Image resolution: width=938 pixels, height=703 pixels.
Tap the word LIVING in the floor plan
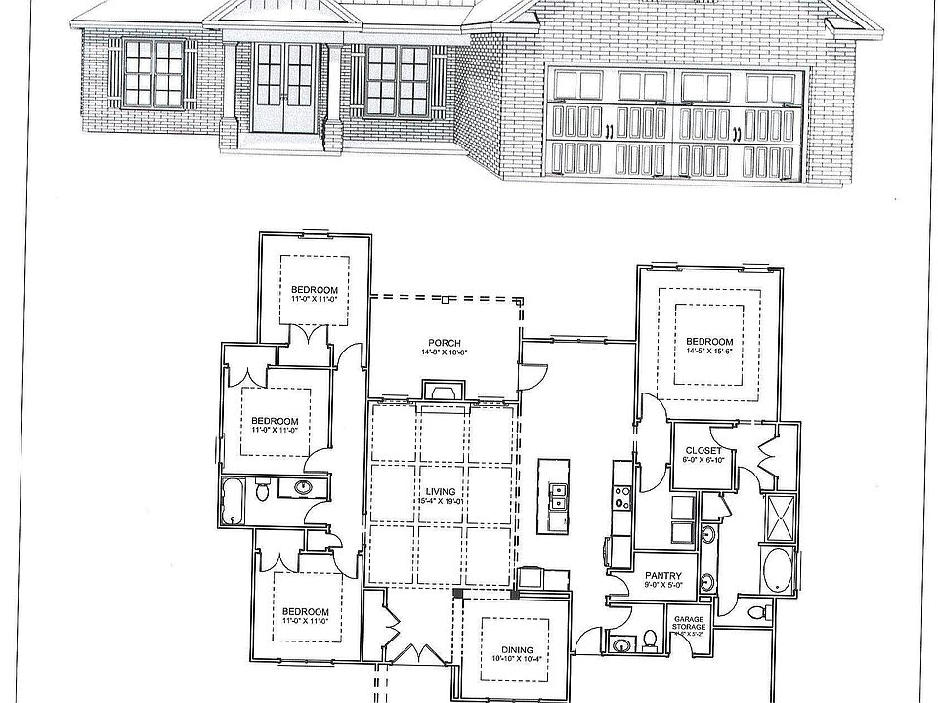pyautogui.click(x=442, y=492)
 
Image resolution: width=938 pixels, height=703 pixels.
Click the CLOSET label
pyautogui.click(x=703, y=451)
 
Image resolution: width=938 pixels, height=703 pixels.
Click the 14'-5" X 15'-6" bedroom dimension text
pyautogui.click(x=709, y=351)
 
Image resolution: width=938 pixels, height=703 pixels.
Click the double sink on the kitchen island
pyautogui.click(x=559, y=497)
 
